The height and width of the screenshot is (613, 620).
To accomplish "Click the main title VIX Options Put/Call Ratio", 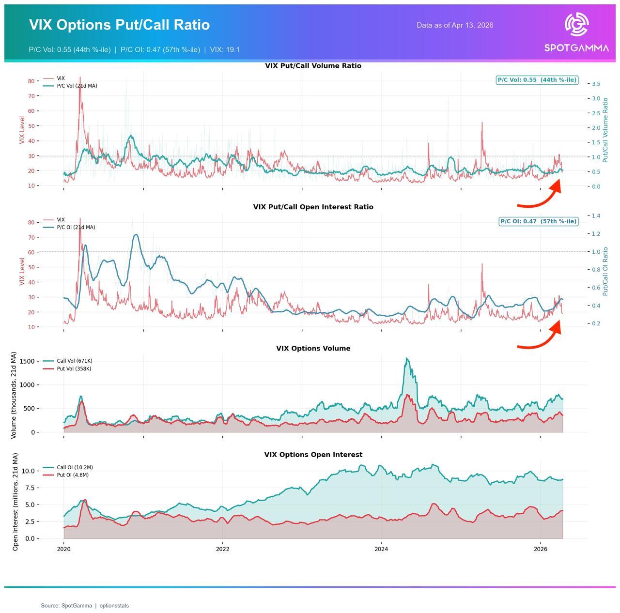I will click(x=119, y=25).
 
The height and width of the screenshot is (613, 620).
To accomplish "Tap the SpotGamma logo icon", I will click(x=576, y=25).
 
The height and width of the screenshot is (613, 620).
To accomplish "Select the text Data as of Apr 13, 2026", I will click(x=455, y=25).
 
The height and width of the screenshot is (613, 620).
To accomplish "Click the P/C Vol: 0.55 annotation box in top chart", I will click(x=537, y=80).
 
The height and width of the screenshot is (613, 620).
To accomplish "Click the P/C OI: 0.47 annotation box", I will click(x=538, y=221).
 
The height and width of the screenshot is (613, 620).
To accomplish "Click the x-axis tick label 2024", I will click(x=381, y=549).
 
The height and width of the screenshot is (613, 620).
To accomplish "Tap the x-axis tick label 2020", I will click(x=63, y=549).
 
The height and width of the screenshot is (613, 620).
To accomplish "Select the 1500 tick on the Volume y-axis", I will click(x=27, y=362).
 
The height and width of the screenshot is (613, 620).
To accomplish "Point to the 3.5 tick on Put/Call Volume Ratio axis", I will click(x=595, y=84).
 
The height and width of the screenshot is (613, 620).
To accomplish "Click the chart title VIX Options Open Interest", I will click(x=313, y=455).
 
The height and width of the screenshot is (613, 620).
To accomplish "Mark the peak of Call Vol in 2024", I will click(x=407, y=359).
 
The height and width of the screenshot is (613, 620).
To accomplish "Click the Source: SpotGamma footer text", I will click(x=85, y=606).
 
